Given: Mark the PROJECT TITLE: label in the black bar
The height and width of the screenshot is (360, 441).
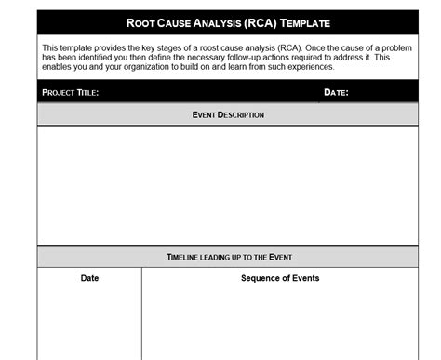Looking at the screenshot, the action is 70,92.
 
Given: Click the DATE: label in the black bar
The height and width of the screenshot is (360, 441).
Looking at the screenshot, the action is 336,92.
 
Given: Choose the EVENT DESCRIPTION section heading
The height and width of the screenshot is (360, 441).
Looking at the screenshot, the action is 228,114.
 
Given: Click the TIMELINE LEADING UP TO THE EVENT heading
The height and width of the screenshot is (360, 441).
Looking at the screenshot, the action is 228,256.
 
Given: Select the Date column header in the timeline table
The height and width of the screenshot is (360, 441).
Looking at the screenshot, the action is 89,278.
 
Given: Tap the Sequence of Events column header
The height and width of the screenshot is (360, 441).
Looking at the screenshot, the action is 280,278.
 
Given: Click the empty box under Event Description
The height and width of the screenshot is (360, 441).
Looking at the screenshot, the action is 228,185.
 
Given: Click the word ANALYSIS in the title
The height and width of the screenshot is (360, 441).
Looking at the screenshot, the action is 219,22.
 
